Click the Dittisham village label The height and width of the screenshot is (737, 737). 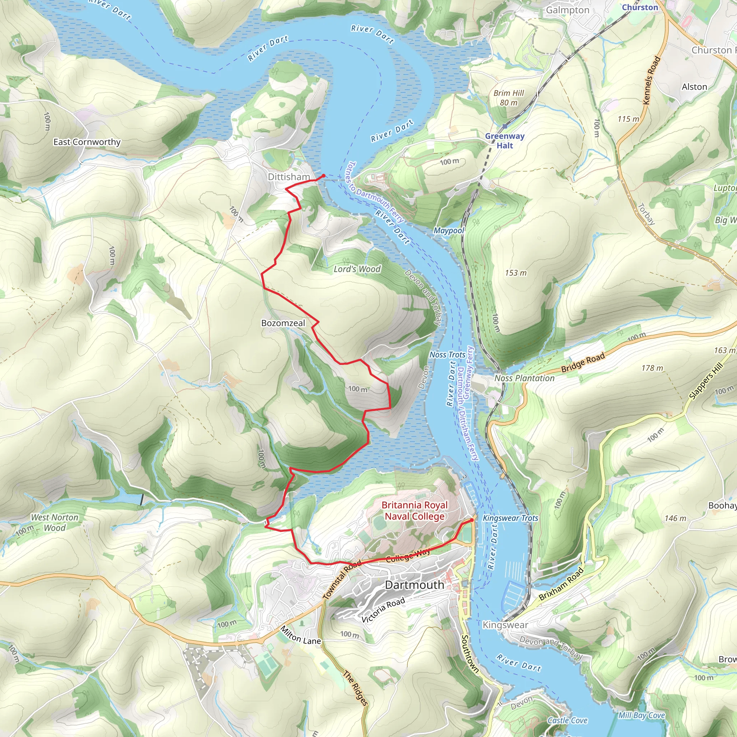coord(288,177)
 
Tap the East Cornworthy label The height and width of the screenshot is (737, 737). coord(87,142)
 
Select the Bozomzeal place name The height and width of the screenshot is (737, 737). coord(283,323)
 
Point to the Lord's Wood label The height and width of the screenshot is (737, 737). coord(357,269)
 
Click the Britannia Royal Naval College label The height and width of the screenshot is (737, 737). coord(415,511)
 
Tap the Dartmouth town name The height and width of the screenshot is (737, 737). coord(415,585)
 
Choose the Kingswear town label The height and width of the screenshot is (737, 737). coord(505,625)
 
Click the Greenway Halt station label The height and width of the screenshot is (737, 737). coord(505,140)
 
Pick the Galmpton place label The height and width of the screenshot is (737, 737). coord(568,10)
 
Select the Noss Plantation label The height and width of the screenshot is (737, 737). coord(525,378)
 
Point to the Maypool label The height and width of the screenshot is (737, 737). coord(449,230)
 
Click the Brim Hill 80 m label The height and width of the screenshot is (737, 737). coord(508,98)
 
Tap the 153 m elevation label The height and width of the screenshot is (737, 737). coord(516,273)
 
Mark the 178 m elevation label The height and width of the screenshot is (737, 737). coord(652,368)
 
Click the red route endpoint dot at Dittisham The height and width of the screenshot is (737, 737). coord(324,176)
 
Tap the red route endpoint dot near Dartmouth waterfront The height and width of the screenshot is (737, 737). coord(472,520)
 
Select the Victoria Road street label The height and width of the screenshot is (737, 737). coord(383,610)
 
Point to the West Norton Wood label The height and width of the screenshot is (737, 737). coord(55,523)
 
